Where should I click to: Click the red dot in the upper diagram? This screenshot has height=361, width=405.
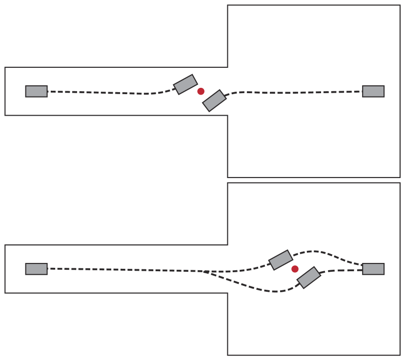(x=201, y=91)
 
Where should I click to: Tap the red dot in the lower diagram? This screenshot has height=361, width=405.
(x=295, y=269)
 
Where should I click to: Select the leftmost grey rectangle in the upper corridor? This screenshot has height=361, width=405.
(x=36, y=91)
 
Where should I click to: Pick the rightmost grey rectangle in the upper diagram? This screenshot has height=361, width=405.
(x=373, y=91)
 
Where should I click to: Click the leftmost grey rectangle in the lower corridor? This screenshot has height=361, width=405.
(x=36, y=269)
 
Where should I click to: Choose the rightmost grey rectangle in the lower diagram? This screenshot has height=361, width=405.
(x=373, y=269)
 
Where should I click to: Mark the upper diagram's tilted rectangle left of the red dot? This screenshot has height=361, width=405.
(x=185, y=84)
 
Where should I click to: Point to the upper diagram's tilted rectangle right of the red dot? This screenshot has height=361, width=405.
(x=214, y=100)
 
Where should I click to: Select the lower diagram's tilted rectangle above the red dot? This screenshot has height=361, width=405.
(x=281, y=260)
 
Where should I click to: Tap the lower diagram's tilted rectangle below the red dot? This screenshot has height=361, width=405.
(x=309, y=277)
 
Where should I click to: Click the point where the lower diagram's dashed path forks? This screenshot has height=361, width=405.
(x=203, y=271)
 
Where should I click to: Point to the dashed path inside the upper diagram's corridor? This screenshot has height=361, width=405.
(x=107, y=93)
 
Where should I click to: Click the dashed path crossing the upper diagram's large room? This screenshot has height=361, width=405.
(x=293, y=92)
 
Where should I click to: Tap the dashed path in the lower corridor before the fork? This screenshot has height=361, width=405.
(x=122, y=270)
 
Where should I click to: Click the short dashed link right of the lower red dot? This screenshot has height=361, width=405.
(x=342, y=270)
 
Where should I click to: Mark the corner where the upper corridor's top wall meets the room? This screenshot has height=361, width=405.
(x=227, y=67)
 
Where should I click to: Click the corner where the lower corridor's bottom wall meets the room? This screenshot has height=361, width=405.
(x=227, y=293)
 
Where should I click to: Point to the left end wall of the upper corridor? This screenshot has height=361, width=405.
(x=5, y=91)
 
